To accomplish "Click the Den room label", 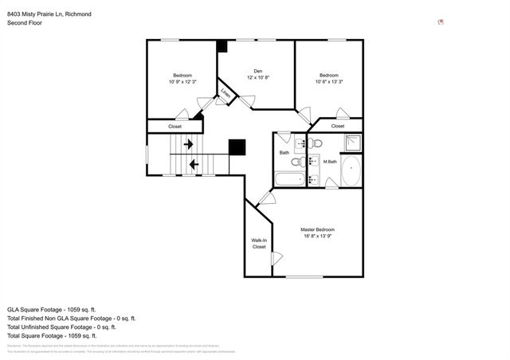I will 257,70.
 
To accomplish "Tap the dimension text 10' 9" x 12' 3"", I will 182,81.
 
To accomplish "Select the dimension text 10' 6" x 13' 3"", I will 328,81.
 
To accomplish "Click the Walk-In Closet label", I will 259,243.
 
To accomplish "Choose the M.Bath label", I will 331,162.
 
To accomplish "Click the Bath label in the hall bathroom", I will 284,152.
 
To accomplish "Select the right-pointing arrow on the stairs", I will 188,144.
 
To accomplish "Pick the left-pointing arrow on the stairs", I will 194,165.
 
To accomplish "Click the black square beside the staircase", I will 237,147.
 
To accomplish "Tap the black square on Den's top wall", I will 222,46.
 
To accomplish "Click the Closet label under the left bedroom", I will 175,126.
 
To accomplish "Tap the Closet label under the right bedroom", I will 338,126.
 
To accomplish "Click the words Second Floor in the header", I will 25,23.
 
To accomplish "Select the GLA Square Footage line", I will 51,308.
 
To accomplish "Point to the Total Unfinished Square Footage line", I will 61,327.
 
